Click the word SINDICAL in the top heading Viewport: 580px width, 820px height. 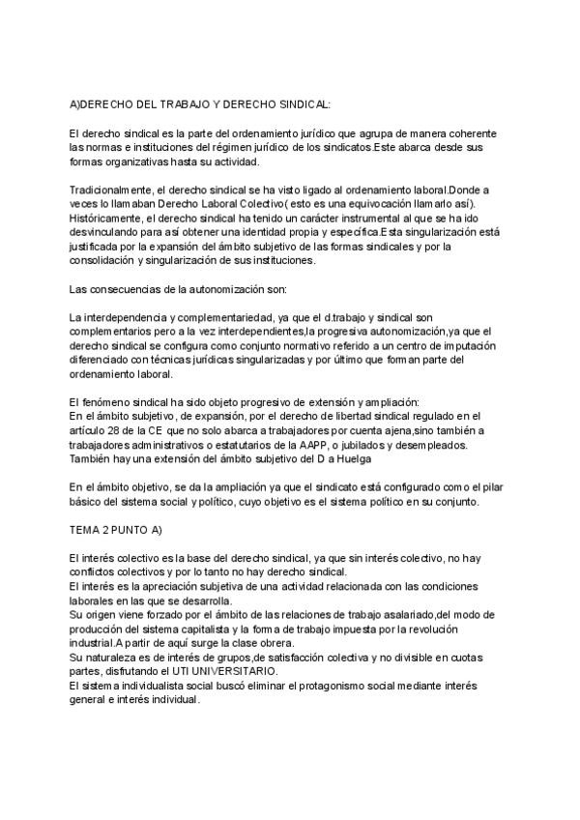301,103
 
